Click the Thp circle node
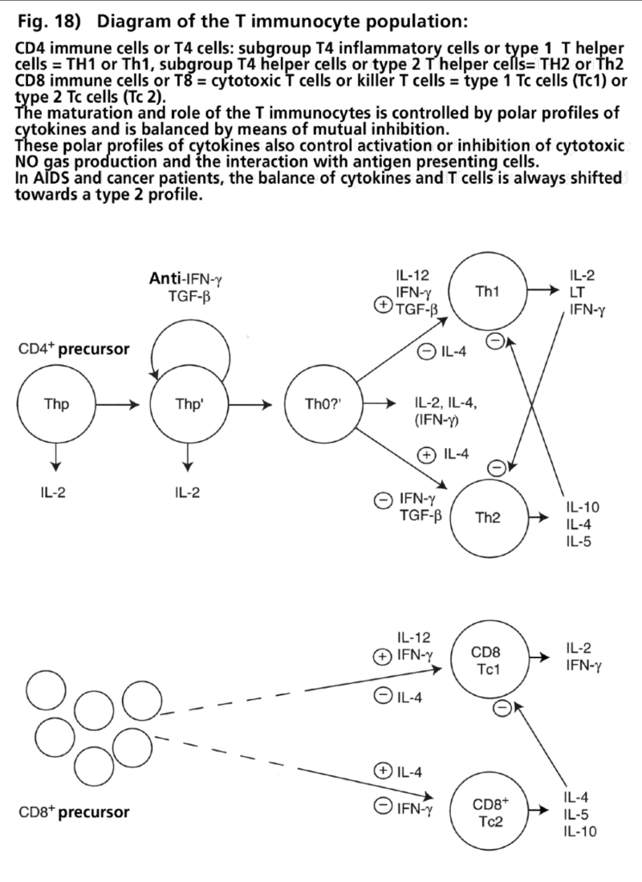[x=55, y=404]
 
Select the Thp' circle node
[x=186, y=404]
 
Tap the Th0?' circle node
[x=319, y=404]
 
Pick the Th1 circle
[x=483, y=293]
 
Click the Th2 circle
[x=488, y=516]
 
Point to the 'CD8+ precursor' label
[x=73, y=812]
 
